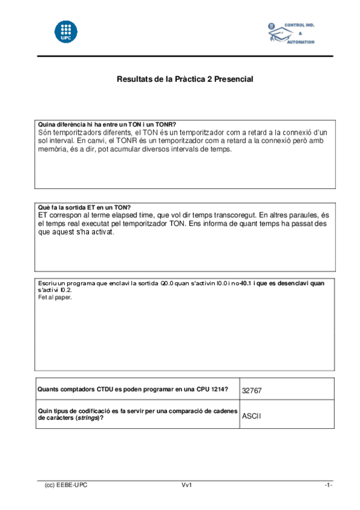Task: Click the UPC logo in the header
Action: click(x=66, y=31)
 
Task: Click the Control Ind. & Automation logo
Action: click(x=291, y=34)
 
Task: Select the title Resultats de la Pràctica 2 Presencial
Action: click(x=185, y=79)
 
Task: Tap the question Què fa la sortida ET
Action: click(x=84, y=207)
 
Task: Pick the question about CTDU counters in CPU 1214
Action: click(x=133, y=389)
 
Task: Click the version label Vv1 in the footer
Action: click(x=186, y=485)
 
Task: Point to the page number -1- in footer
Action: click(x=328, y=485)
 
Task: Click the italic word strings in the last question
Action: click(x=87, y=419)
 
